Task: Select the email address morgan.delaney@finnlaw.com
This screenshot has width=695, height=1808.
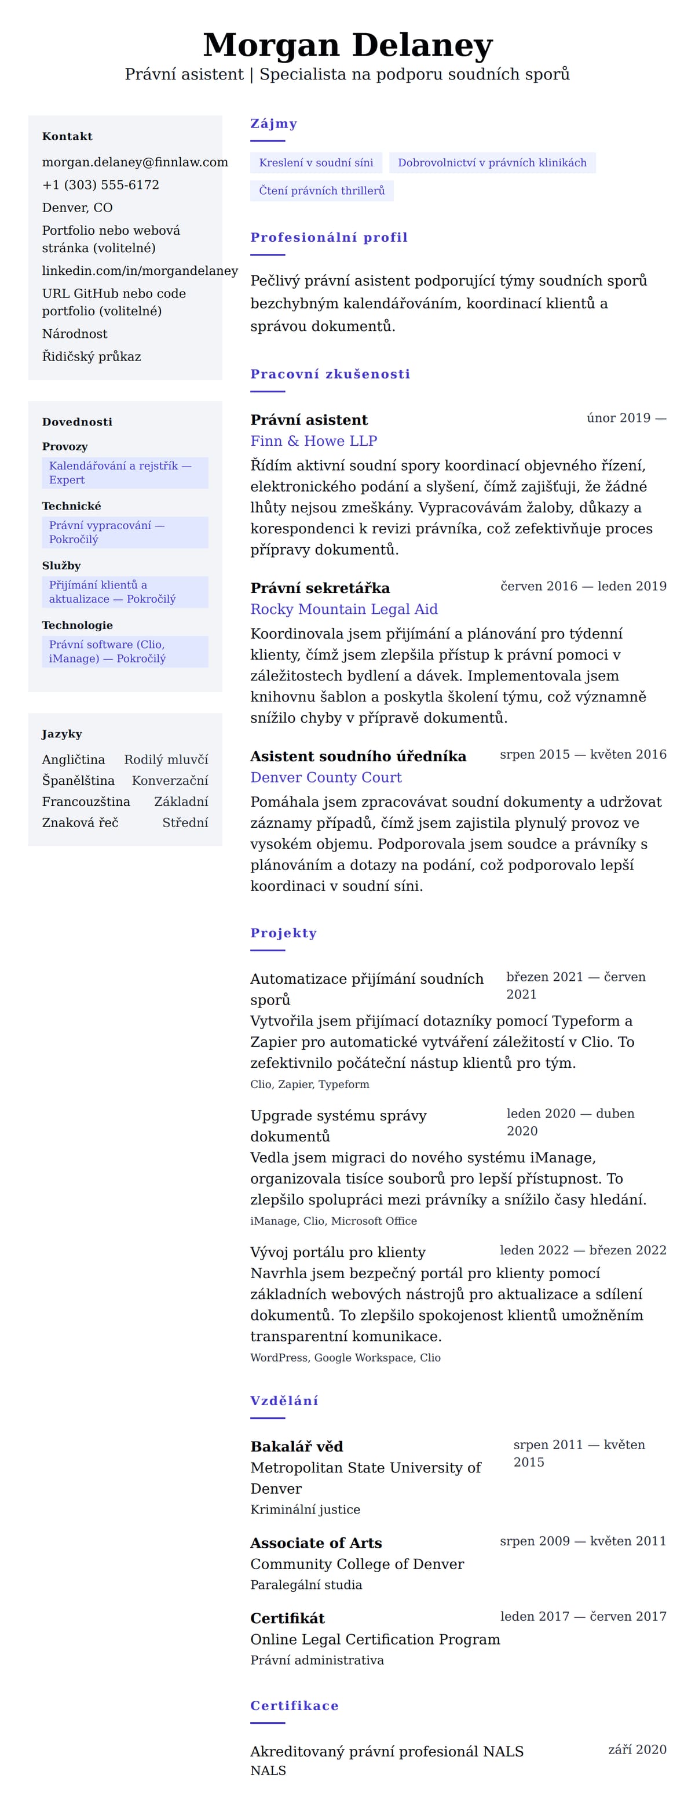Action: pyautogui.click(x=134, y=162)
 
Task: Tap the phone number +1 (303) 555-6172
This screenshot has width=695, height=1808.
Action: pyautogui.click(x=100, y=184)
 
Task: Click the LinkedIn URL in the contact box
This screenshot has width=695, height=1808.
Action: pyautogui.click(x=140, y=270)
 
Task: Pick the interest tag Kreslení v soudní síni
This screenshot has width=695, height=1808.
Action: pyautogui.click(x=316, y=163)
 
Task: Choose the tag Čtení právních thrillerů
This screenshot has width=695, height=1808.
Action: pyautogui.click(x=321, y=191)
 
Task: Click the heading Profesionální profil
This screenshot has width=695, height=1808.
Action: pyautogui.click(x=328, y=237)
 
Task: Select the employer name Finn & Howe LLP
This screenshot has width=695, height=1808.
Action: pyautogui.click(x=313, y=441)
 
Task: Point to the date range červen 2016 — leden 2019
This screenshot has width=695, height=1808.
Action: pyautogui.click(x=583, y=586)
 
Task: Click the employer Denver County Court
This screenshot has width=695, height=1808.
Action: pyautogui.click(x=325, y=777)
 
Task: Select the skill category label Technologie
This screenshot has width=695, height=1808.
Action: pyautogui.click(x=77, y=625)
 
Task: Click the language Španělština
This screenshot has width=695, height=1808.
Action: pyautogui.click(x=78, y=780)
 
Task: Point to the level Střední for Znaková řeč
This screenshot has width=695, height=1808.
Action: pyautogui.click(x=185, y=823)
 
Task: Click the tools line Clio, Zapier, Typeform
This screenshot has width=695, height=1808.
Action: pyautogui.click(x=309, y=1085)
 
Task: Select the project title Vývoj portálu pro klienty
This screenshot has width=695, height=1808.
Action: pyautogui.click(x=337, y=1252)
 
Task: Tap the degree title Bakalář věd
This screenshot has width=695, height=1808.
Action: pyautogui.click(x=297, y=1446)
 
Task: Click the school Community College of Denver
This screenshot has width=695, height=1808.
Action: pyautogui.click(x=357, y=1564)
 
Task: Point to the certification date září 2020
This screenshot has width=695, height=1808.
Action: pyautogui.click(x=637, y=1750)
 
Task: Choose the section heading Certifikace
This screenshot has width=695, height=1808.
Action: pyautogui.click(x=294, y=1705)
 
